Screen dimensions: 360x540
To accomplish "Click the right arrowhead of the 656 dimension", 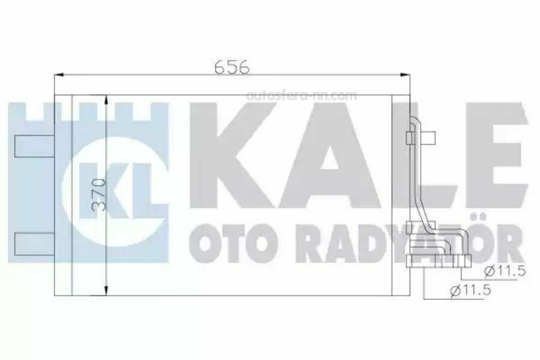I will click(x=407, y=75).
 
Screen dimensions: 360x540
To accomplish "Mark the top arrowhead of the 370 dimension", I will click(x=107, y=99).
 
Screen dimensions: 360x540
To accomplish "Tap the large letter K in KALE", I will click(x=225, y=159).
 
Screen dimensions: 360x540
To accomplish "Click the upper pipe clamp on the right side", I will click(x=411, y=139).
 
